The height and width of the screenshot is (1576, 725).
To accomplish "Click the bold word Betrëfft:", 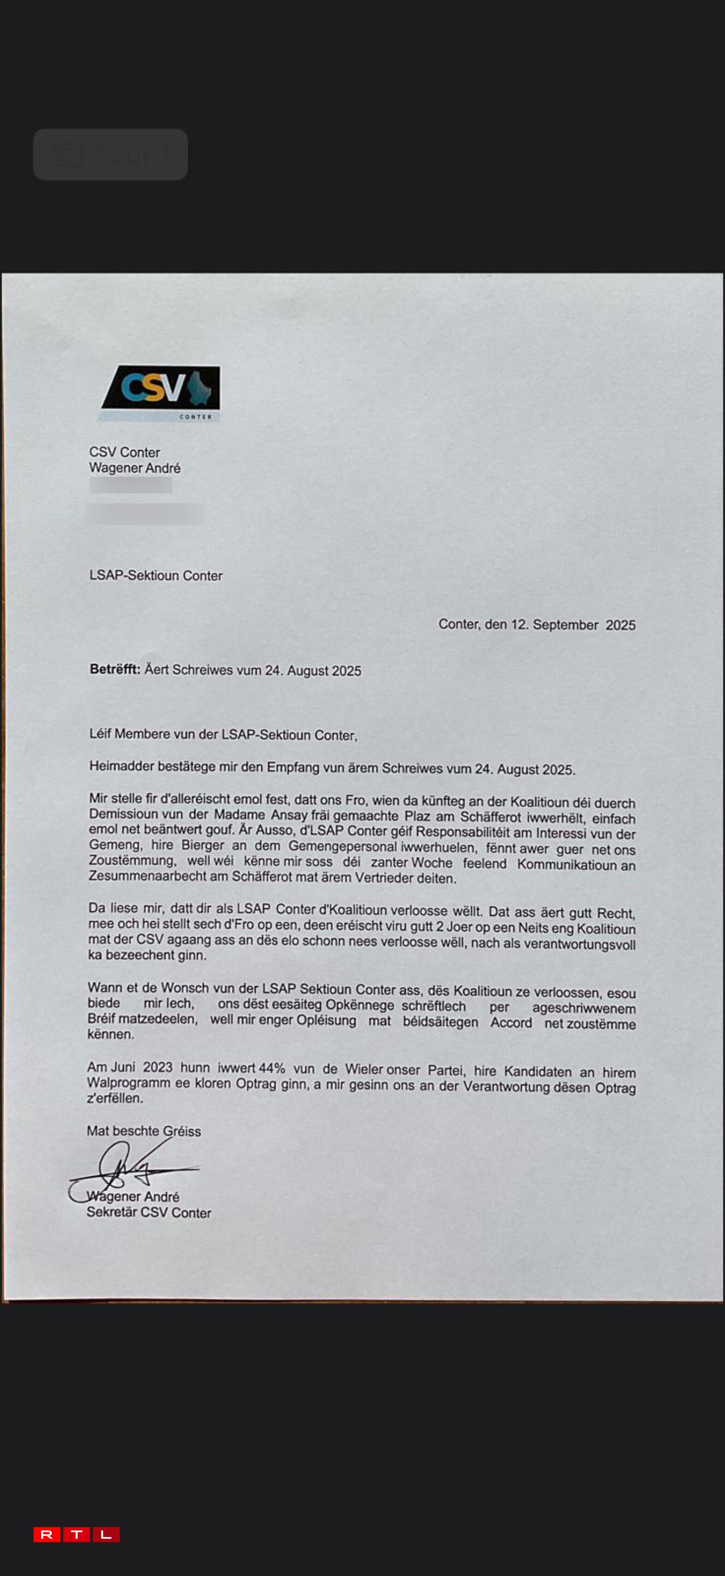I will [115, 669].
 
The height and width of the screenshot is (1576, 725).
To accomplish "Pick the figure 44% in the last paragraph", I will [272, 1068].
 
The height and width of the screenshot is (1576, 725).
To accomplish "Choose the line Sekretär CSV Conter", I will [149, 1213].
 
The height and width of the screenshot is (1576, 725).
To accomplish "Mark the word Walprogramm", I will [127, 1083].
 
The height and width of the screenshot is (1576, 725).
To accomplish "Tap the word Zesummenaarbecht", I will [158, 876].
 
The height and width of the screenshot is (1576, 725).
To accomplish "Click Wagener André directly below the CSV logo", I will [135, 468].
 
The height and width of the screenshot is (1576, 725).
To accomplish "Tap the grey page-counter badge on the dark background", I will [110, 155].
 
